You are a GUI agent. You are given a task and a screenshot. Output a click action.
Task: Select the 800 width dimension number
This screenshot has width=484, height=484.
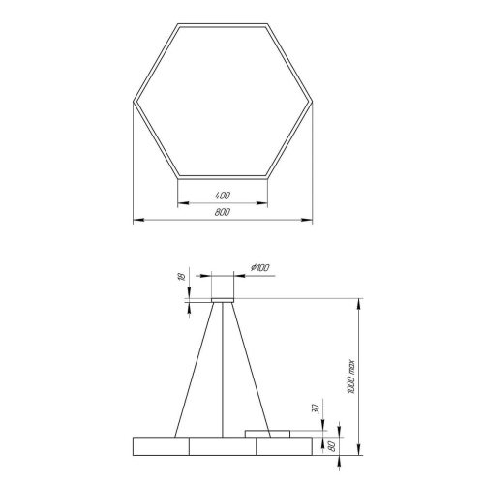pyautogui.click(x=224, y=214)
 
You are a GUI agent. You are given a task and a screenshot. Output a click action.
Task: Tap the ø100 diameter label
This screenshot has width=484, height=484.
pyautogui.click(x=259, y=266)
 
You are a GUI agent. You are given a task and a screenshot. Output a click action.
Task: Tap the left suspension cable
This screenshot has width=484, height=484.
pyautogui.click(x=194, y=368)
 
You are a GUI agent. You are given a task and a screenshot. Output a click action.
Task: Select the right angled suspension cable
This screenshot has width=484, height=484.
pyautogui.click(x=250, y=368)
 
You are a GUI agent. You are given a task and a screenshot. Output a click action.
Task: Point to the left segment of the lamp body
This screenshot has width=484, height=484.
pyautogui.click(x=162, y=445)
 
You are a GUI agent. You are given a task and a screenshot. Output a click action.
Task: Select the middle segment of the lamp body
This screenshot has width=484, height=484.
pyautogui.click(x=224, y=445)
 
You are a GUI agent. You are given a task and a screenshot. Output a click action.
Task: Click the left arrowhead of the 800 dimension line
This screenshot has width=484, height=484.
pyautogui.click(x=136, y=221)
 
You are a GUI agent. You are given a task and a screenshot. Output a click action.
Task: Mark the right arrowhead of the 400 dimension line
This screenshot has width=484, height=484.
pyautogui.click(x=265, y=203)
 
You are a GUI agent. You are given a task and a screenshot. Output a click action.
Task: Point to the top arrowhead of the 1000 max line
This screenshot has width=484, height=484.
pyautogui.click(x=361, y=304)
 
